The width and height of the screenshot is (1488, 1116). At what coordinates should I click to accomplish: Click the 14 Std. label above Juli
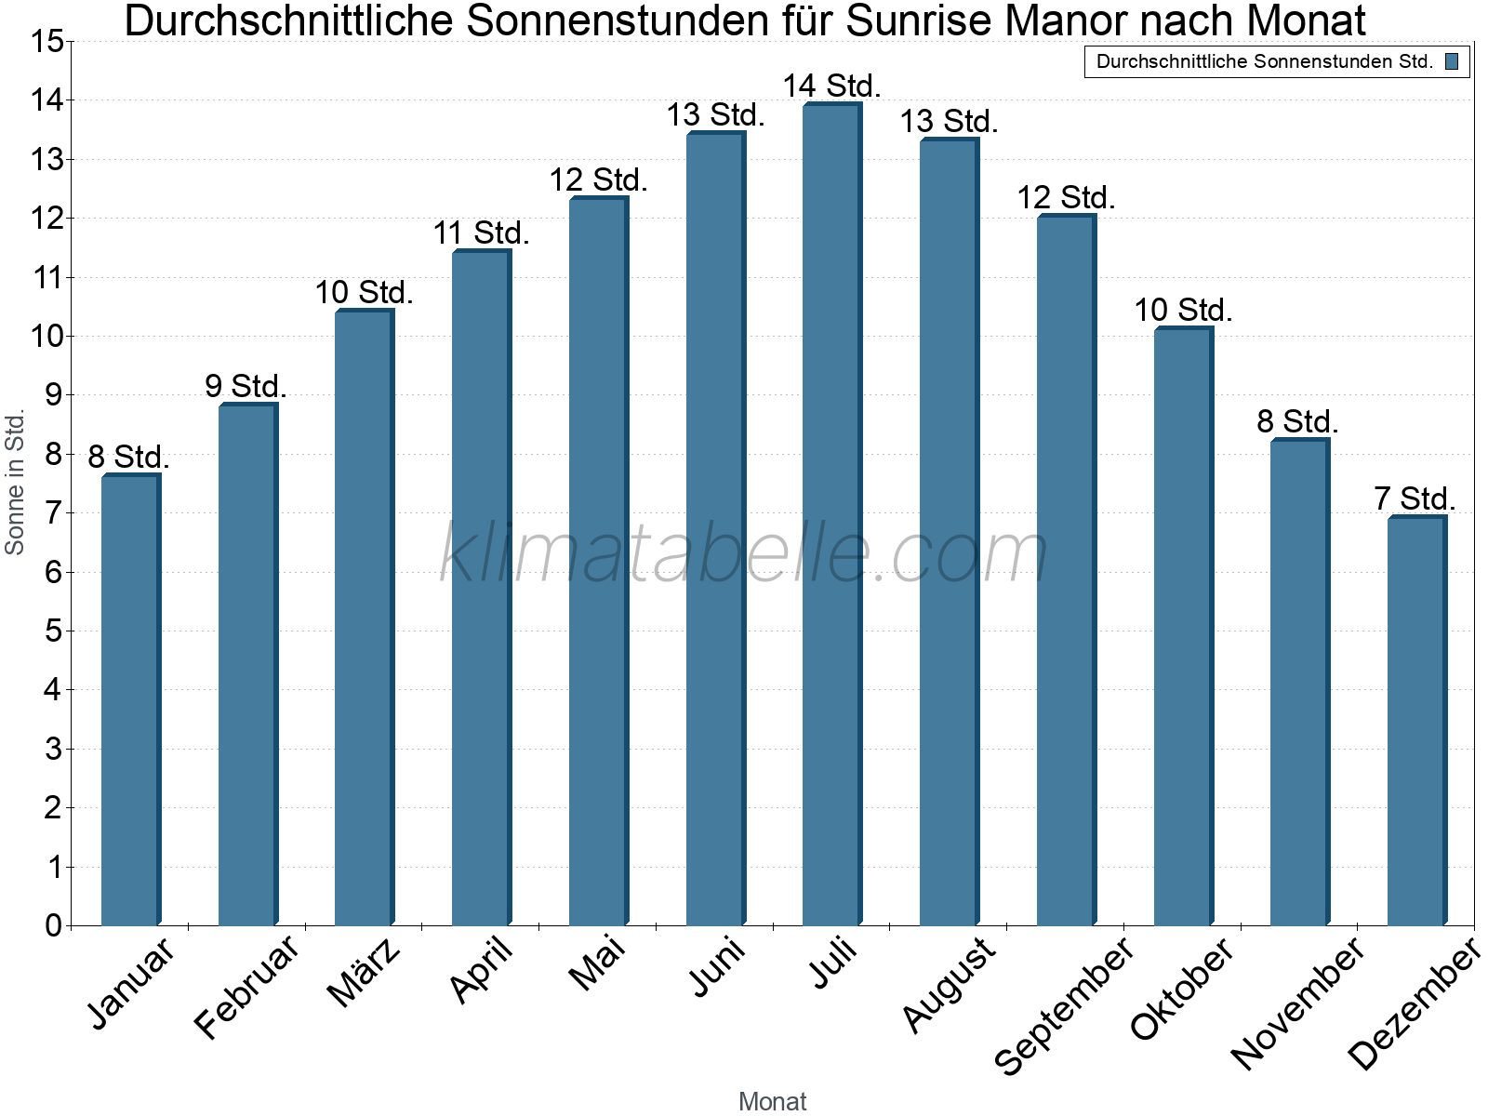coord(831,86)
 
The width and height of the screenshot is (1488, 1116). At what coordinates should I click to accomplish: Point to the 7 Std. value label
coord(1415,498)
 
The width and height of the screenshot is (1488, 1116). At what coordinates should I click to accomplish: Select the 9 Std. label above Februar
coord(246,385)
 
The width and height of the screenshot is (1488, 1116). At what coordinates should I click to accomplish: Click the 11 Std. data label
coord(481,232)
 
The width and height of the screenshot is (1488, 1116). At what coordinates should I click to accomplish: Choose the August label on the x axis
coord(949,984)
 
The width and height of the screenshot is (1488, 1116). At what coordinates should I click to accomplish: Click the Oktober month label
coord(1182,988)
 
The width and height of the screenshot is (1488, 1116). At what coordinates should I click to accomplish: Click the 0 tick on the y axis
coord(53,925)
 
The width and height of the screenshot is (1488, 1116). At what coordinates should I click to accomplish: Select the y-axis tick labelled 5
coord(53,631)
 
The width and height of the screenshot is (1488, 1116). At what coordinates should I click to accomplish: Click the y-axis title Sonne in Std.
coord(15,483)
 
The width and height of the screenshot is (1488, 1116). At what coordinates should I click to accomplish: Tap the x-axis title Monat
coord(772,1101)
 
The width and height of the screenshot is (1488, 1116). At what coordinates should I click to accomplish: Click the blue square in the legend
coord(1451,62)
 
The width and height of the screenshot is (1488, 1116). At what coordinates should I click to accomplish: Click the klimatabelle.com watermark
coord(744,553)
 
